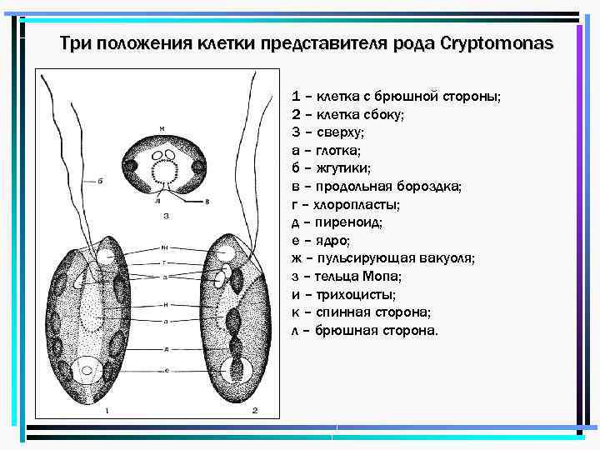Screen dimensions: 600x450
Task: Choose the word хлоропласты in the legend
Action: [361, 204]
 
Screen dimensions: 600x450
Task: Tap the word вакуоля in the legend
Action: [446, 258]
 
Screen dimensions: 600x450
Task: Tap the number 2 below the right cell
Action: [256, 410]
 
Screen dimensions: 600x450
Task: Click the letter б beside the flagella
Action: [100, 180]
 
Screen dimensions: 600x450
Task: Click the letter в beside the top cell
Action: [207, 202]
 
